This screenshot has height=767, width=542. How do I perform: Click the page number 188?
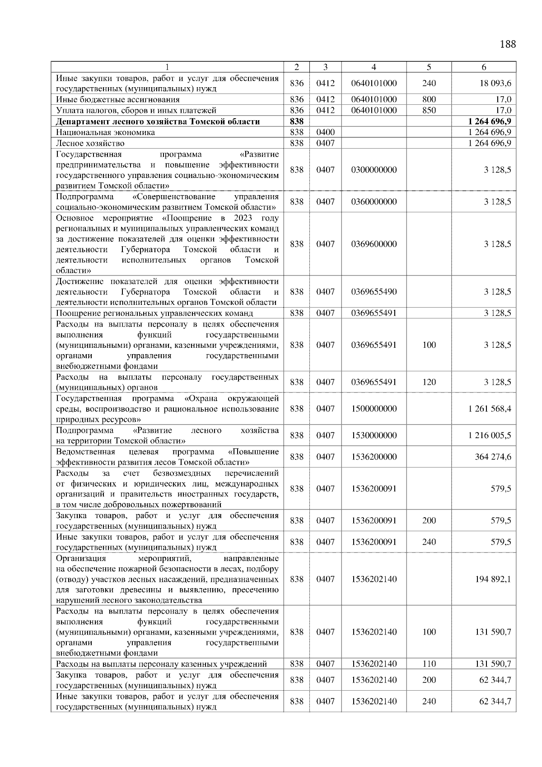point(508,44)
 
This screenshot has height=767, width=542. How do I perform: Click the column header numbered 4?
point(374,67)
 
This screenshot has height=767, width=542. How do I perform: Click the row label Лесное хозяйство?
point(90,143)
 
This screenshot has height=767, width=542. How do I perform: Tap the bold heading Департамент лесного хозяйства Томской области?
point(158,122)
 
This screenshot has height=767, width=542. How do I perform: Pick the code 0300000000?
point(374,170)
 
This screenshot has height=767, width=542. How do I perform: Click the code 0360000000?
point(374,202)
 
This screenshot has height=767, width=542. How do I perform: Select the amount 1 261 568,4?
point(490,409)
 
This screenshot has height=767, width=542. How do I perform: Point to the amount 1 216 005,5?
point(490,435)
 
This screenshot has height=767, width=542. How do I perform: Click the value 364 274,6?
point(493,457)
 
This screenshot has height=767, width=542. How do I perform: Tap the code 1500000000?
point(374,409)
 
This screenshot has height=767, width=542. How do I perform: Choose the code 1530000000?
point(374,435)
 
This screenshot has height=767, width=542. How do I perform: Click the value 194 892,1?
point(493,579)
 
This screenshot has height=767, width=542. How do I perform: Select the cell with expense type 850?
point(429,110)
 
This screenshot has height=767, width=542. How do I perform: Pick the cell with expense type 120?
point(429,382)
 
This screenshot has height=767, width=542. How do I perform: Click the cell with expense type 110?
point(429,664)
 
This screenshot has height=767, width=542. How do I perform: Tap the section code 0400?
point(325,132)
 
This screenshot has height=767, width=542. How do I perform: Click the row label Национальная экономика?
point(106,132)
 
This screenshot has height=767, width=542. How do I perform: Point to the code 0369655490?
point(374,292)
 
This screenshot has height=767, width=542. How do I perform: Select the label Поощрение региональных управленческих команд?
point(154,313)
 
